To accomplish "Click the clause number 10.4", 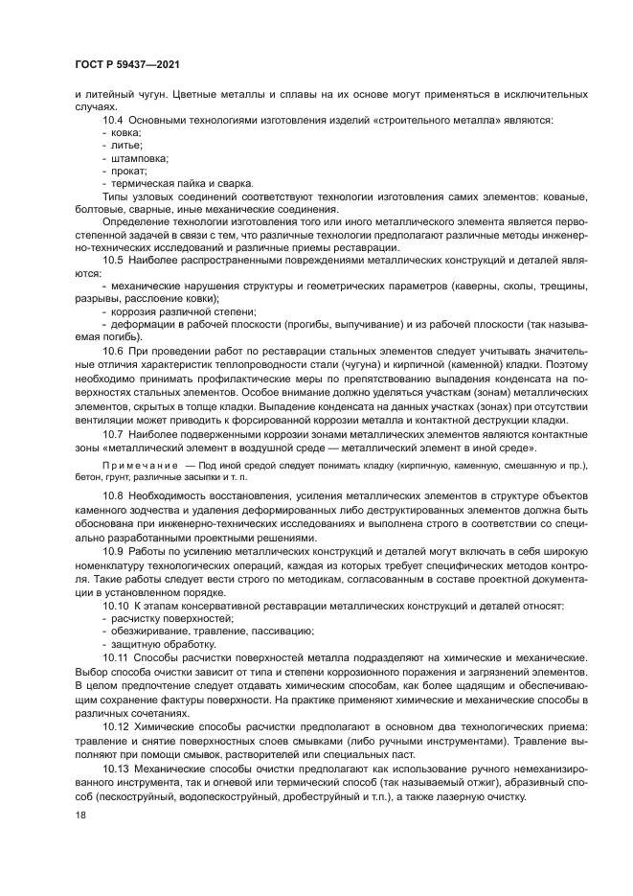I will (113, 121).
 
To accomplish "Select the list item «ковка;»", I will (126, 133).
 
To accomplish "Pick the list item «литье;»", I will (125, 146).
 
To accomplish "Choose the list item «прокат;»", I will (128, 171).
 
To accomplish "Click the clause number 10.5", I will (113, 260).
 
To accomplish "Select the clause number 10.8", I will (113, 494).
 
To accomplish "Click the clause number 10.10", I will (116, 607).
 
